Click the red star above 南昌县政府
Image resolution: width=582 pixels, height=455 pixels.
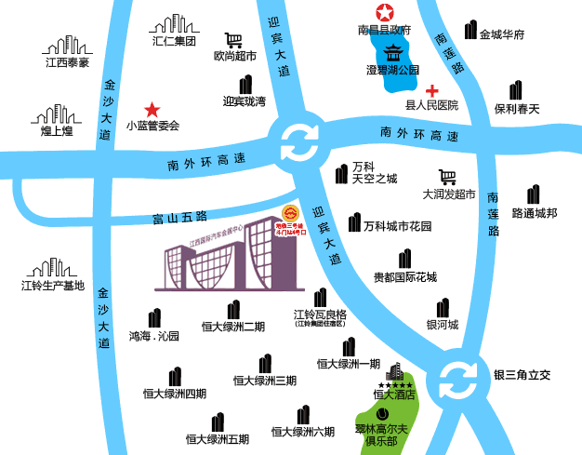point(384,13)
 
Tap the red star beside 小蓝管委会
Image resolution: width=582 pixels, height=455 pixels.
point(152,109)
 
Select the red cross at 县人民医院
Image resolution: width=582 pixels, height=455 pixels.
point(431,90)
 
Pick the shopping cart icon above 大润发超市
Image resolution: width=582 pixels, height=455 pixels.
point(448,177)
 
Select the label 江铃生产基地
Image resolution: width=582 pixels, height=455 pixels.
point(53,286)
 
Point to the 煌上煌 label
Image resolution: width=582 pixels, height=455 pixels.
point(57,131)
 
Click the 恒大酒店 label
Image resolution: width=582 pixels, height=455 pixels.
point(391,395)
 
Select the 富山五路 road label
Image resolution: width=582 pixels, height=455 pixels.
point(179,218)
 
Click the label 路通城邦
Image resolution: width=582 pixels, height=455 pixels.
point(535,213)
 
